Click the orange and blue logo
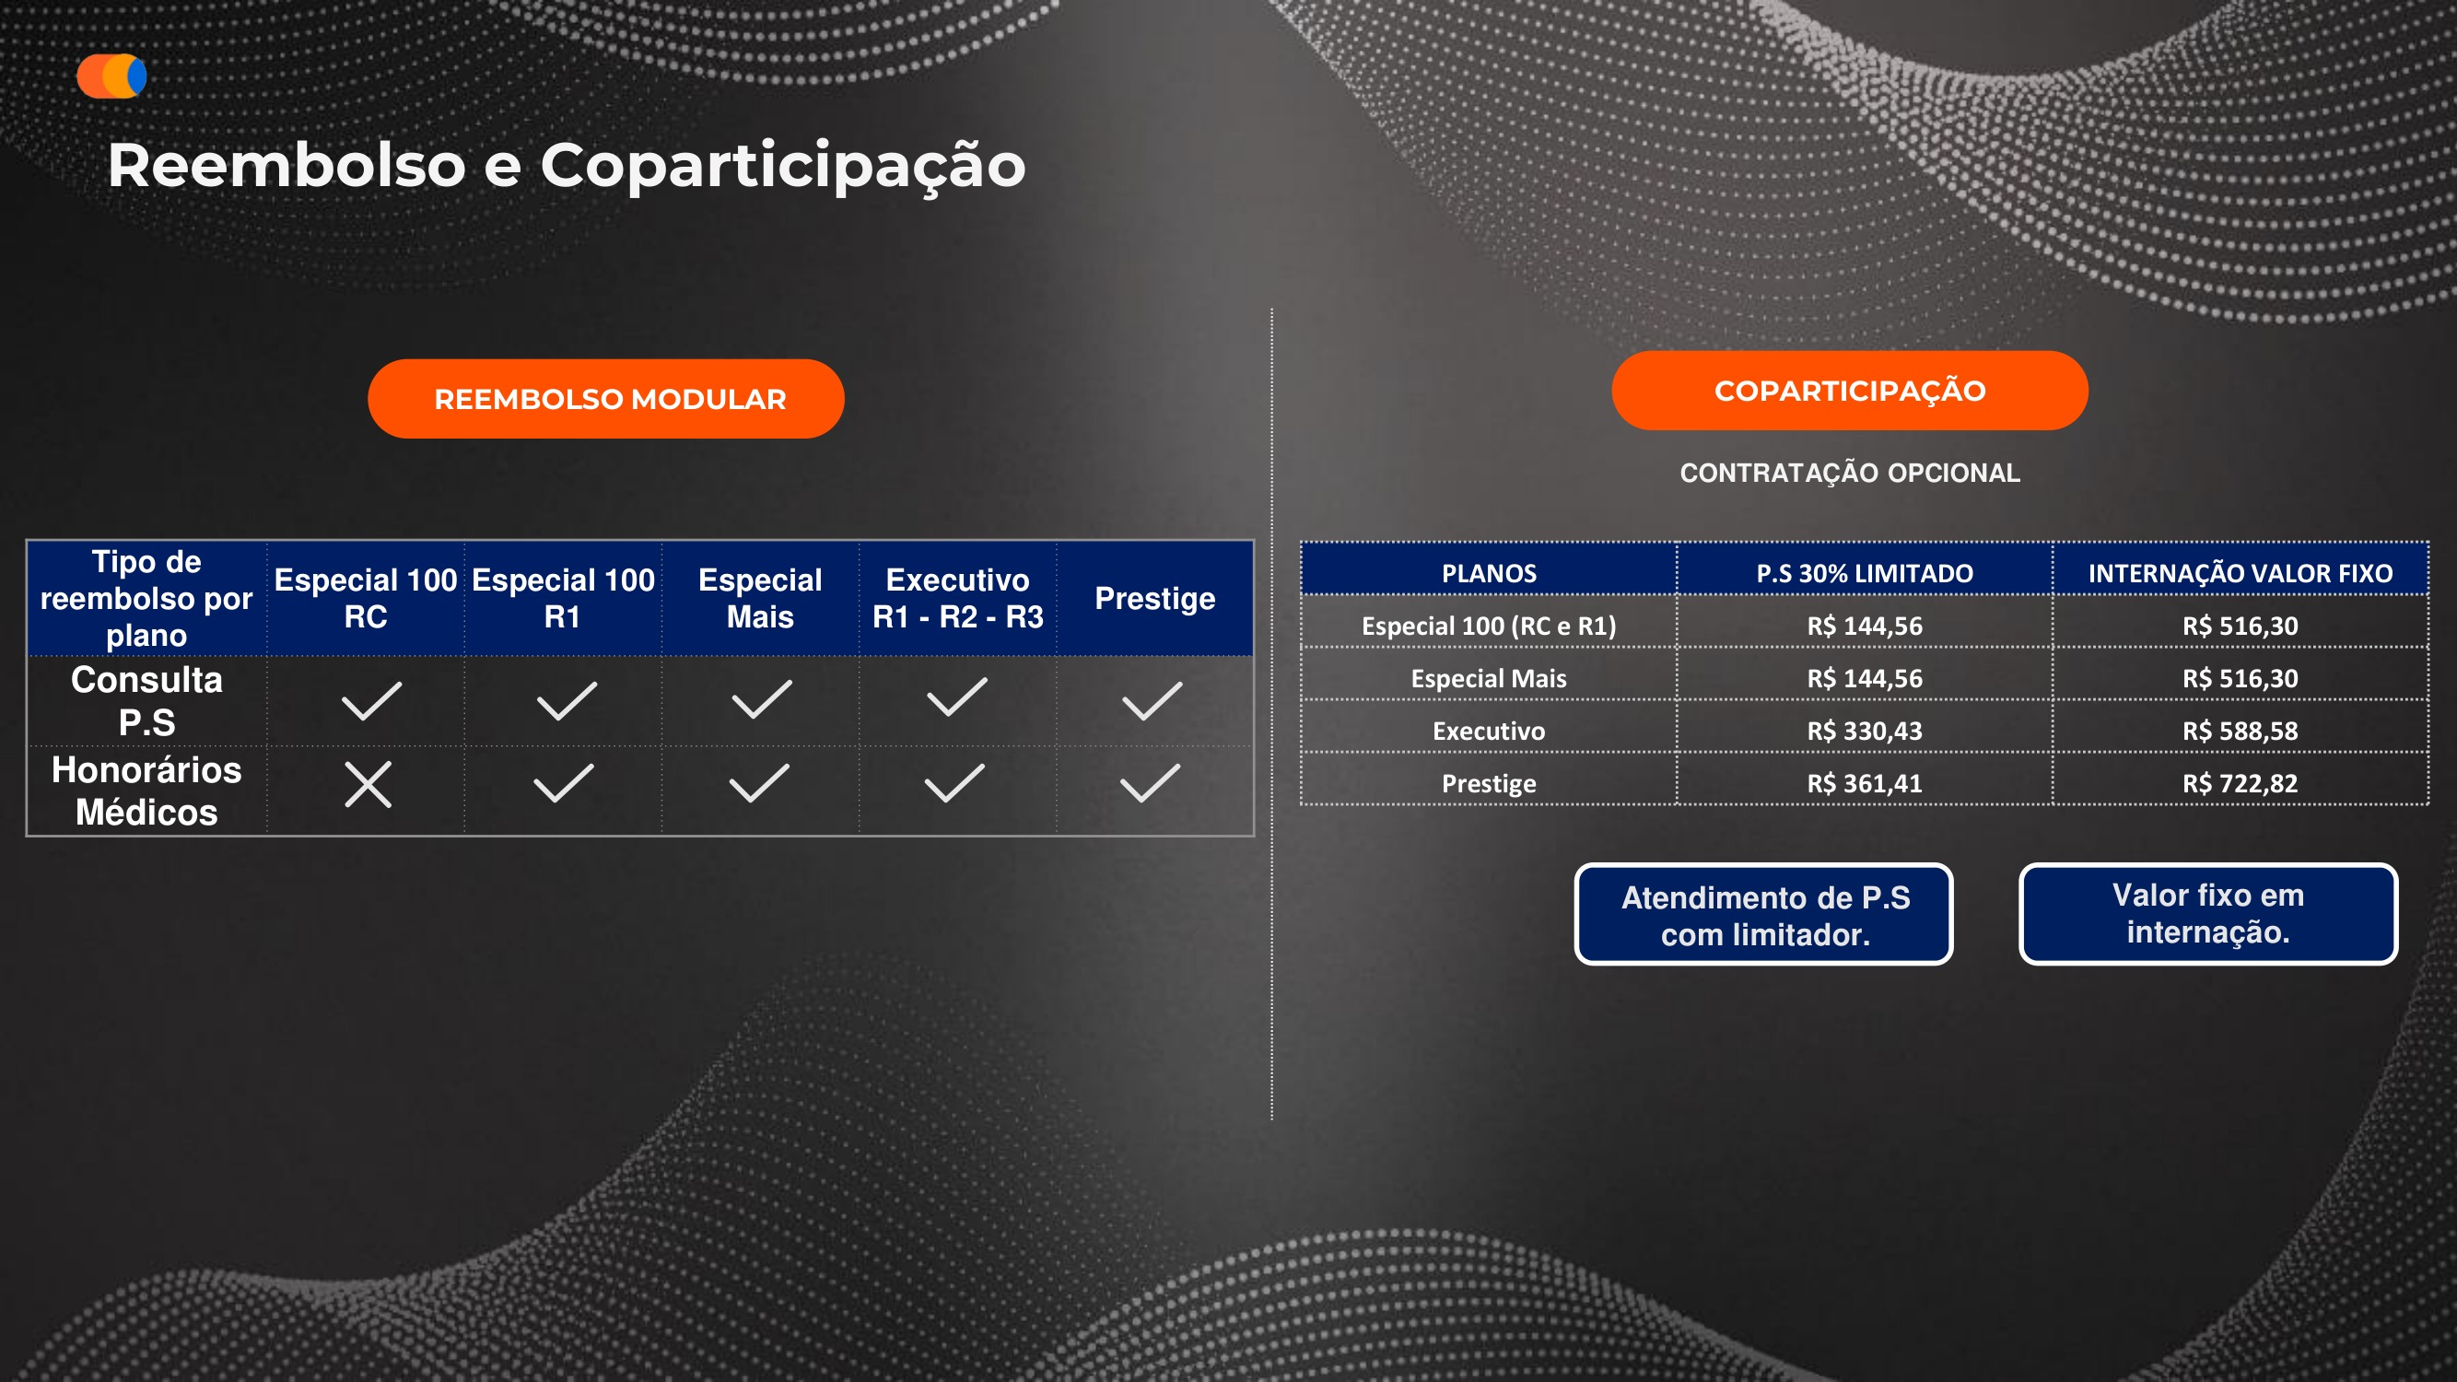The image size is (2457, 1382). [111, 76]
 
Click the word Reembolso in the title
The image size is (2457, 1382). [287, 166]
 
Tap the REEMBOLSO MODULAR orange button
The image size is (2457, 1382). [605, 399]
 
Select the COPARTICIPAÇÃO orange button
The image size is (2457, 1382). [1848, 391]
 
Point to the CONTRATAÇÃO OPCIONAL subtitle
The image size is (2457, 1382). [1848, 473]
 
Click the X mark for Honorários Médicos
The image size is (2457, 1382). [369, 784]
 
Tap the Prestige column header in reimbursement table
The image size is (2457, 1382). [1154, 598]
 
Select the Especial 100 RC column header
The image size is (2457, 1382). [366, 598]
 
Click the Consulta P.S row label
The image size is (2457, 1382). [146, 701]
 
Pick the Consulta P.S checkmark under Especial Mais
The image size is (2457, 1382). [761, 699]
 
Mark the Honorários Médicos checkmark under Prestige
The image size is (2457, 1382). [1151, 783]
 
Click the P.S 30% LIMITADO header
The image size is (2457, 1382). [1864, 573]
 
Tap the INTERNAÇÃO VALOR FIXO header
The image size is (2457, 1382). [2240, 573]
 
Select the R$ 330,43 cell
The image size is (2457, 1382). [1864, 731]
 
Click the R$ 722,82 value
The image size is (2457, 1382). [2240, 783]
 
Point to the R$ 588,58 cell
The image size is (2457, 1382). [2240, 731]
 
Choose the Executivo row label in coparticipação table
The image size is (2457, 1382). [1488, 731]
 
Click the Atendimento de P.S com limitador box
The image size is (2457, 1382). [1763, 915]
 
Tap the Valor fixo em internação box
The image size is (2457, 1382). [2207, 914]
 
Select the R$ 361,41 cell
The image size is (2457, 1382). [1864, 783]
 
